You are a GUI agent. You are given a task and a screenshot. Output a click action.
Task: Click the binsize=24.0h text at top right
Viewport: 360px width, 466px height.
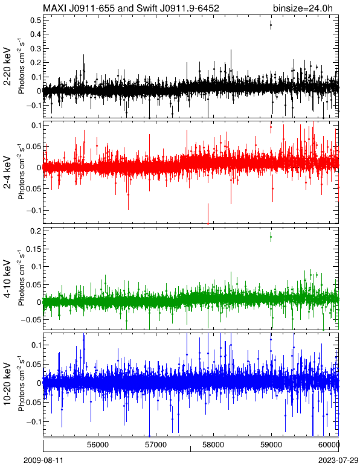click(303, 8)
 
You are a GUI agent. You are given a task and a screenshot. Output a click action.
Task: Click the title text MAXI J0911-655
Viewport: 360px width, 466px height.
click(79, 8)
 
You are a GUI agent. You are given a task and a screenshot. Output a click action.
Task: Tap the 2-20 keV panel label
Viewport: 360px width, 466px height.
click(7, 66)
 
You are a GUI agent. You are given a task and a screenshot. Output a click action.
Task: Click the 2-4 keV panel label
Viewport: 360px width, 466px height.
click(7, 173)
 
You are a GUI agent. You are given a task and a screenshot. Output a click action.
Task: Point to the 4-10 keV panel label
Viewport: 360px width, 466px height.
click(7, 279)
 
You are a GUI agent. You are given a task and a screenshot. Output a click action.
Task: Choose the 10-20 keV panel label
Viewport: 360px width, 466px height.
click(7, 384)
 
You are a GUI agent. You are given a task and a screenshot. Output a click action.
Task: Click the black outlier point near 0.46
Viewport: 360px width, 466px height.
click(271, 25)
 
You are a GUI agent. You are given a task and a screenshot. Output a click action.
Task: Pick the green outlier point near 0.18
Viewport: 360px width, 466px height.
click(271, 237)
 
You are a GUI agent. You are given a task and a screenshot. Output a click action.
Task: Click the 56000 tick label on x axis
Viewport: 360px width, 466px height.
click(98, 445)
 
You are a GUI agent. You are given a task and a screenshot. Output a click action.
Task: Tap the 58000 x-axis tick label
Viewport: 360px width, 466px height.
click(213, 445)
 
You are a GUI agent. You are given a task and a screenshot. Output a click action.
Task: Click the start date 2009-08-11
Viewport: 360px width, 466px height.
click(43, 461)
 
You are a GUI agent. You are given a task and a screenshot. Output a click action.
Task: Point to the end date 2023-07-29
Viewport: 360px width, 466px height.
click(338, 461)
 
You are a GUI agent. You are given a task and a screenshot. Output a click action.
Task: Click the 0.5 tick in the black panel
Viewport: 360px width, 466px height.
click(36, 20)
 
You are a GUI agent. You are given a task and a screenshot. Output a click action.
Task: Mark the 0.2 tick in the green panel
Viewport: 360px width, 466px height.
click(36, 231)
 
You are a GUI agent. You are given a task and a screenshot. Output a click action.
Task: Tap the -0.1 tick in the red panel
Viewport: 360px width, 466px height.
click(33, 211)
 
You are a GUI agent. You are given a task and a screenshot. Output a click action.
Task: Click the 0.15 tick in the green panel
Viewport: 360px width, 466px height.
click(33, 249)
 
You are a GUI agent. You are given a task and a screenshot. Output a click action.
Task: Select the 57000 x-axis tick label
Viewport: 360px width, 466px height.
click(156, 445)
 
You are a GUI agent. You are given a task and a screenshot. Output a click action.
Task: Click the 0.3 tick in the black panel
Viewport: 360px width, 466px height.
click(36, 48)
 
